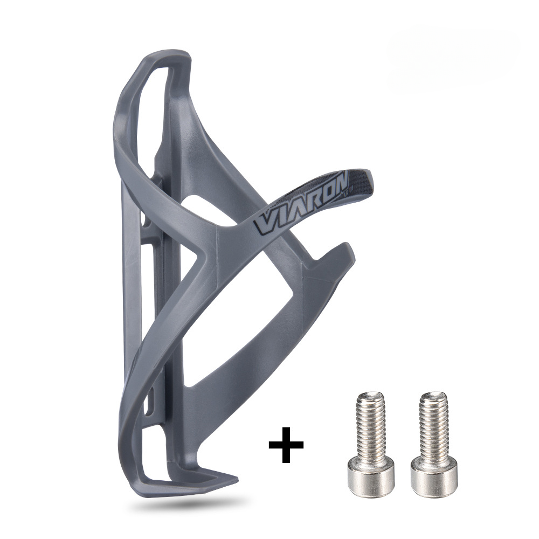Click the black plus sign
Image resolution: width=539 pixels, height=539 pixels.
pos(286,445)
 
